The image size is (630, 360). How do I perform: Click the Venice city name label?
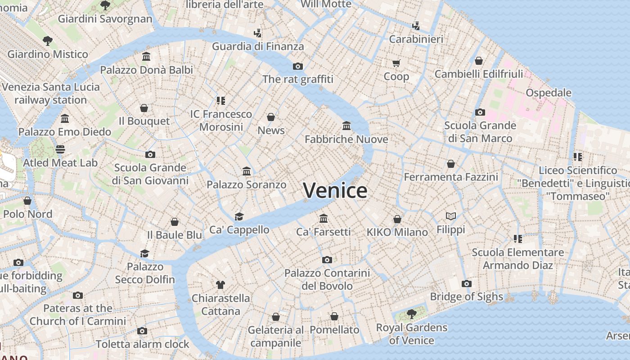coord(335,190)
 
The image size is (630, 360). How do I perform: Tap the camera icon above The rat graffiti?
coord(297,66)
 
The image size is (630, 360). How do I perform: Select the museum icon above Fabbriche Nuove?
coord(346,126)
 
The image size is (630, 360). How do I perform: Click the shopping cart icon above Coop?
coord(396,63)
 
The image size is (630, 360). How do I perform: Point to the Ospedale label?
coord(549,93)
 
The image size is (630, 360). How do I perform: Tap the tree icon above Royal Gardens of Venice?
coord(411,314)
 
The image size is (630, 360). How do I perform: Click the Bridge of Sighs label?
coord(466,297)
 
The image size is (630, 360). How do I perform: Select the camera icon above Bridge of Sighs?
coord(466,283)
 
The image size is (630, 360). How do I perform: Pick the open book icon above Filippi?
coord(450,216)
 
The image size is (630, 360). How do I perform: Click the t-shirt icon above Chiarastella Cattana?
coord(220,284)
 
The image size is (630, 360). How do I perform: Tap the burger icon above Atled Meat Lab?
coord(60,149)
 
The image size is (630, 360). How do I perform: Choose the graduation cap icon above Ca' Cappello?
coord(239,216)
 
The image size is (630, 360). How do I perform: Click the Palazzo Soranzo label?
coord(246,184)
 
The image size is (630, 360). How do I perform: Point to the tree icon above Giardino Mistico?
coord(47,41)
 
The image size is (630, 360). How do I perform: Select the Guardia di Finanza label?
coord(258,46)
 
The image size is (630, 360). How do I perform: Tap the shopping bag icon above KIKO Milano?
coord(397,219)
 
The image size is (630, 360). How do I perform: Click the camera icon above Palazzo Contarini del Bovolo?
coord(327,260)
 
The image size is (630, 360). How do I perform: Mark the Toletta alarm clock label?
coord(142,344)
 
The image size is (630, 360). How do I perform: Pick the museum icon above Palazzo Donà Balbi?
coord(146,57)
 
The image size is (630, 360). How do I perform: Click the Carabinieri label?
coord(416,39)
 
